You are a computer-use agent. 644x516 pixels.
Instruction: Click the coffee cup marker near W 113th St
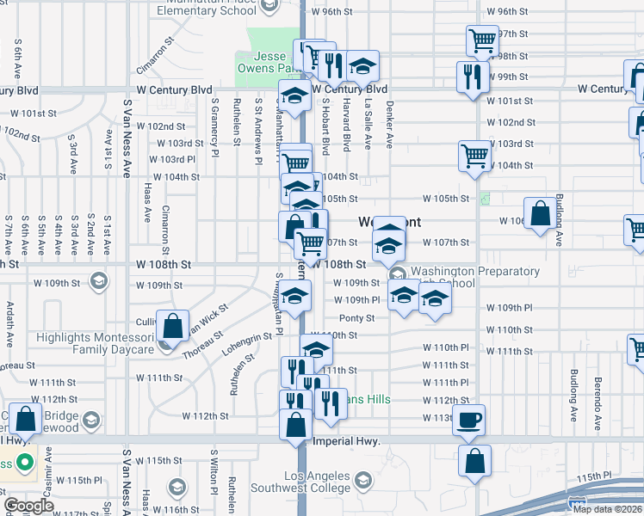pyautogui.click(x=468, y=420)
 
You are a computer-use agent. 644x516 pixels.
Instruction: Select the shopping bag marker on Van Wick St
pyautogui.click(x=172, y=325)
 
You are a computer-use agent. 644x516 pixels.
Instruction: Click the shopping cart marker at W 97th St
pyautogui.click(x=482, y=40)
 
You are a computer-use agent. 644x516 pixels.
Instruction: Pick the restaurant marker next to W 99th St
pyautogui.click(x=473, y=76)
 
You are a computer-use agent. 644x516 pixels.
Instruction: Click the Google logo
pyautogui.click(x=28, y=505)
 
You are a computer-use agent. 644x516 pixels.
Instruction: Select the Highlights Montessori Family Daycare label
pyautogui.click(x=95, y=343)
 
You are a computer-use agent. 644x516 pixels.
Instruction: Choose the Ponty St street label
pyautogui.click(x=356, y=317)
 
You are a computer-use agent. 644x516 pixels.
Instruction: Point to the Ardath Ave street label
pyautogui.click(x=10, y=327)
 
